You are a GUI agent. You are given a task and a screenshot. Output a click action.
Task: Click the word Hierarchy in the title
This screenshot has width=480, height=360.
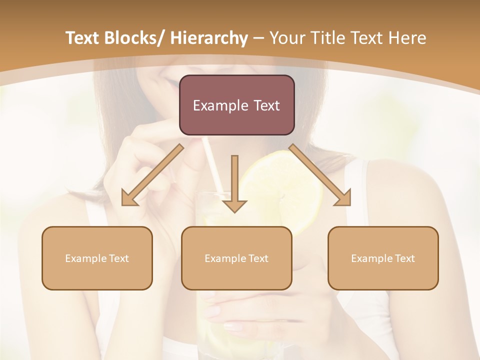point(208,38)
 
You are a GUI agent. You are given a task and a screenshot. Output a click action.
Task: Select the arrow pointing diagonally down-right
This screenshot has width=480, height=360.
point(320,175)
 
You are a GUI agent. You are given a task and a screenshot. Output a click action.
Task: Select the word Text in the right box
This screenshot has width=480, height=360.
point(404,258)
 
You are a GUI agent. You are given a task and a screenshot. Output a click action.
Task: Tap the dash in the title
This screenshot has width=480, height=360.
point(258,38)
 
